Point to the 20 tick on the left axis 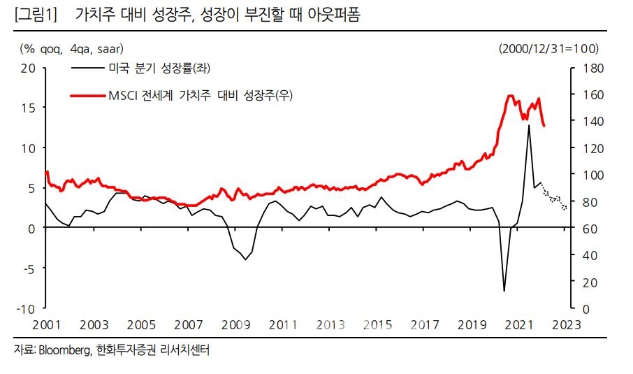coord(29,68)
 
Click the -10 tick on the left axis coord(27,308)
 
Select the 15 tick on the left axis coord(29,108)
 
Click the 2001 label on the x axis coord(46,325)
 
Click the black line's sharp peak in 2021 coord(528,126)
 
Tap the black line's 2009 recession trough coord(245,259)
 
